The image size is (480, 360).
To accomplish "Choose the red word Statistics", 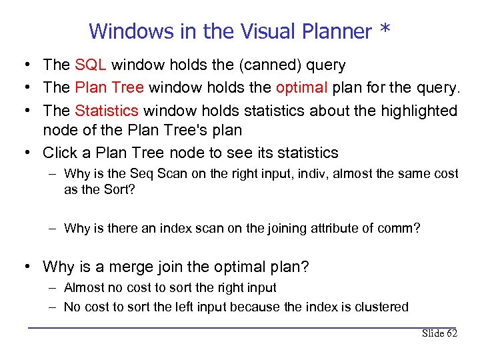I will coord(107,110).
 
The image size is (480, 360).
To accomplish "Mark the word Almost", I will coord(83,288).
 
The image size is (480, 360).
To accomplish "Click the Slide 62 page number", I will coord(439,333).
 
